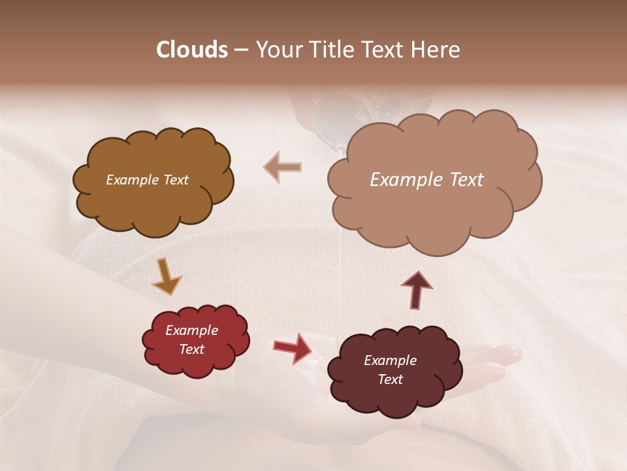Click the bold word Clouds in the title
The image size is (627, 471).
click(x=192, y=50)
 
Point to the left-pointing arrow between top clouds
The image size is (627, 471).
click(x=283, y=167)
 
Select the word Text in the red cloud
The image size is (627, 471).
click(x=192, y=349)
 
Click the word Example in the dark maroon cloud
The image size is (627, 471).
click(x=390, y=360)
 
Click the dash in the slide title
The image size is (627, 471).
click(x=241, y=50)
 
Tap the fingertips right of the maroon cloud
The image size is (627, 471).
click(x=509, y=355)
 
